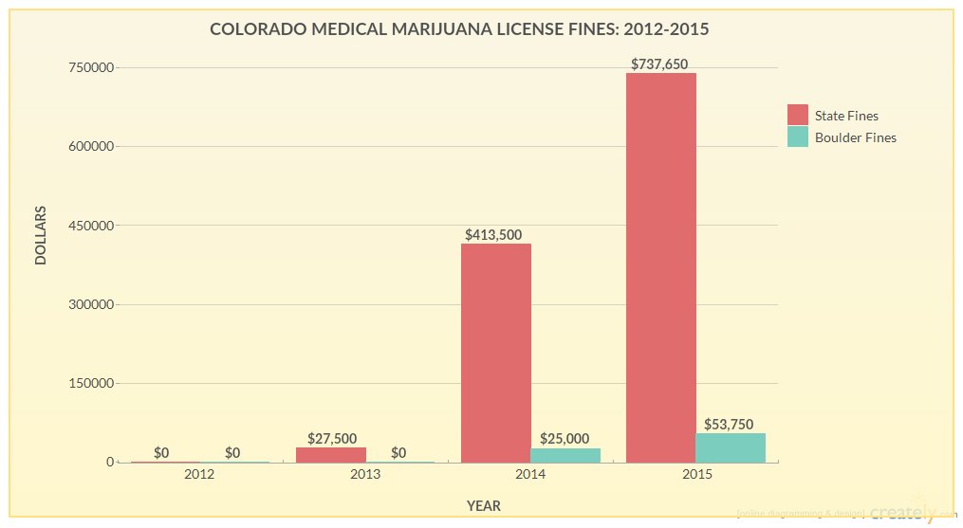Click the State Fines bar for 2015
tap(660, 267)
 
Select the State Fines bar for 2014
tap(495, 353)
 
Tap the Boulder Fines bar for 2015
tap(731, 447)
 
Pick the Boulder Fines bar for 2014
tap(565, 455)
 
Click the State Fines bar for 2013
tap(331, 455)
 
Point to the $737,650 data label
tap(659, 64)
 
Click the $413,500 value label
tap(493, 234)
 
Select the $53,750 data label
tap(729, 424)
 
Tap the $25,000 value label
tap(565, 439)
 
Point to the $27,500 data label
tap(332, 438)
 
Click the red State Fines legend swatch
tap(798, 115)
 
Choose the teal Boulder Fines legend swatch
tap(798, 137)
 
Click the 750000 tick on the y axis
tap(93, 67)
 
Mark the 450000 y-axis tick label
tap(93, 226)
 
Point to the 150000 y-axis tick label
tap(93, 383)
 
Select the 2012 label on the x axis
tap(199, 473)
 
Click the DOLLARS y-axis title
tap(41, 235)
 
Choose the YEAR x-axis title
tap(483, 506)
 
